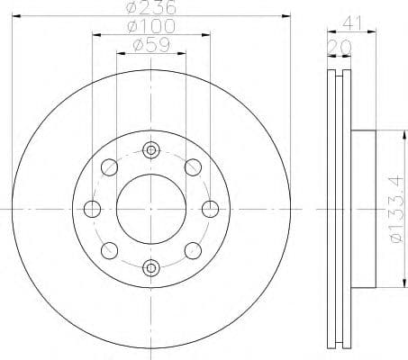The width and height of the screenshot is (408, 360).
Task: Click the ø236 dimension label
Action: click(150, 7)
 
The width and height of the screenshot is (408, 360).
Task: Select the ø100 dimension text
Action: click(150, 26)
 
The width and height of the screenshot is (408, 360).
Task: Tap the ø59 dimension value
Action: click(150, 45)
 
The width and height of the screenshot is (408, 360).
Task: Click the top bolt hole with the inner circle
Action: click(150, 150)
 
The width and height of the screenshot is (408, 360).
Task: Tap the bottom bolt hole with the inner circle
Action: click(150, 266)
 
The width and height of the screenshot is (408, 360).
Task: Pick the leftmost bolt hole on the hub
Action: click(92, 209)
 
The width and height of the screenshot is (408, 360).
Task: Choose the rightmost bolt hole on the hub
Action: click(209, 209)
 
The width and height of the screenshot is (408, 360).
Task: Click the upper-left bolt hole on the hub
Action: click(109, 167)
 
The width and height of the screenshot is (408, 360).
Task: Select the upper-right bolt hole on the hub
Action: click(192, 167)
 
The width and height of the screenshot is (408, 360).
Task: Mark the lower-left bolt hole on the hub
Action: click(109, 249)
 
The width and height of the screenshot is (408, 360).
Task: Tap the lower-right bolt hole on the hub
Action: click(192, 249)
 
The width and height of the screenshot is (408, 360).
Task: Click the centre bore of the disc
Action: click(150, 209)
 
